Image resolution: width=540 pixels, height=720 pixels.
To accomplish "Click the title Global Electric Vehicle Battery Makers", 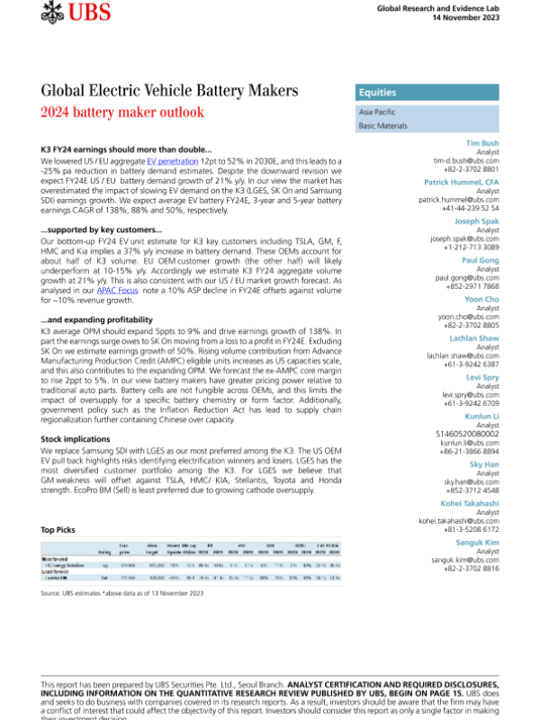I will [169, 92].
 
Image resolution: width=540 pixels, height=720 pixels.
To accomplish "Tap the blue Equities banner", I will [423, 93].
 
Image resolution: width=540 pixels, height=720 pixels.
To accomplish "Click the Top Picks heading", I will [58, 530].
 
